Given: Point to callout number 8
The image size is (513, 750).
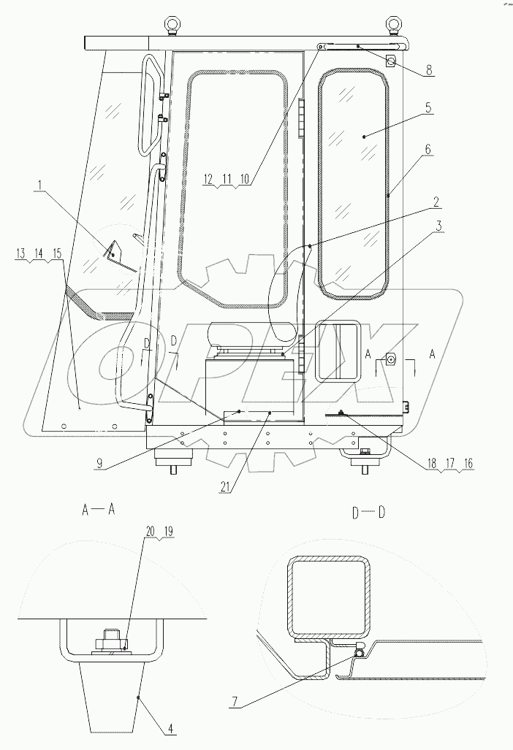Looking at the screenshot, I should click(x=429, y=70).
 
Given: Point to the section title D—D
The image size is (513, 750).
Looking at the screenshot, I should click(x=368, y=511).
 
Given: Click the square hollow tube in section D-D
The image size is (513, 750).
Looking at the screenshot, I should click(x=327, y=595).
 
